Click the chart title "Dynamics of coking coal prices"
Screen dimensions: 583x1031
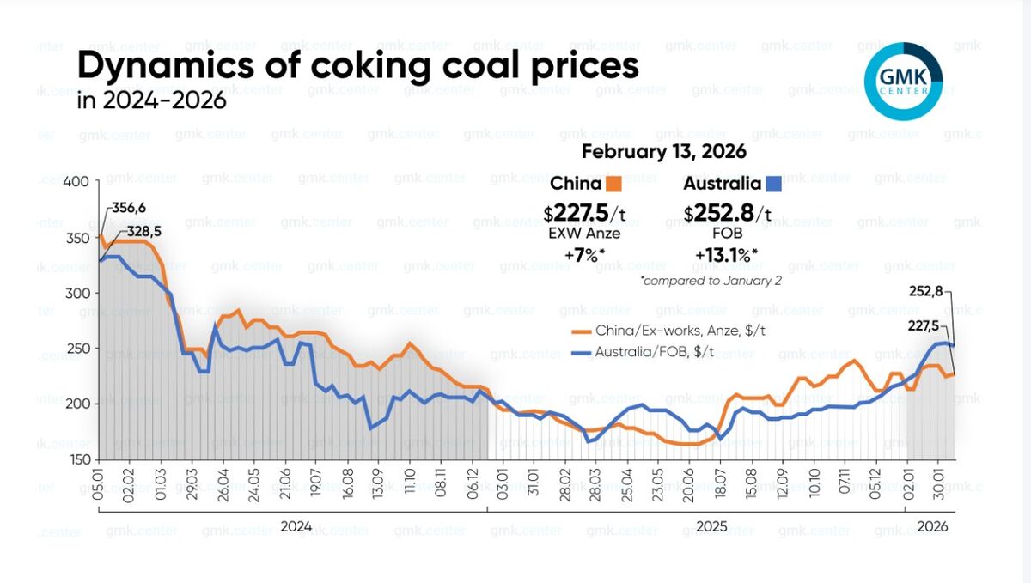(358, 66)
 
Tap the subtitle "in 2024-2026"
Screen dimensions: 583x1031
(152, 100)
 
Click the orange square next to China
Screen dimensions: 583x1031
(613, 184)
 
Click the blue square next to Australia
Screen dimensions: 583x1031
(772, 184)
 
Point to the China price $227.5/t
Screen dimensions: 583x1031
(584, 212)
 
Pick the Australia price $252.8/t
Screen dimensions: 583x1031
(728, 212)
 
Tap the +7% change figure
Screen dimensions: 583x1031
(584, 255)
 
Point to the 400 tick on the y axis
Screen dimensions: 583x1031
(76, 182)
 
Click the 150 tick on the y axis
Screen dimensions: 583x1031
(76, 459)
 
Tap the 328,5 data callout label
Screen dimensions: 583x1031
(143, 231)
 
